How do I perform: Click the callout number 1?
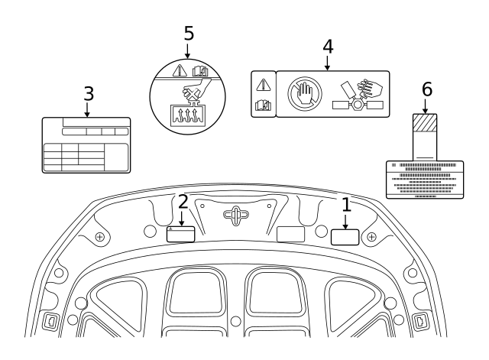(346, 204)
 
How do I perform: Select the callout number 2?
(183, 202)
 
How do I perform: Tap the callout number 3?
(88, 94)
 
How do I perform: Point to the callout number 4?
(327, 46)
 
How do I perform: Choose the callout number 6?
(426, 89)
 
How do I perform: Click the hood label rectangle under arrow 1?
(345, 236)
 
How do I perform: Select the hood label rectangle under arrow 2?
(181, 234)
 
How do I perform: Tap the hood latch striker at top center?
(236, 216)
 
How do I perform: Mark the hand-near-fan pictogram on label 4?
(358, 93)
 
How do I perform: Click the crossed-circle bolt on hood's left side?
(99, 237)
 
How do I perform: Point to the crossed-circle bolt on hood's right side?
(371, 237)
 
